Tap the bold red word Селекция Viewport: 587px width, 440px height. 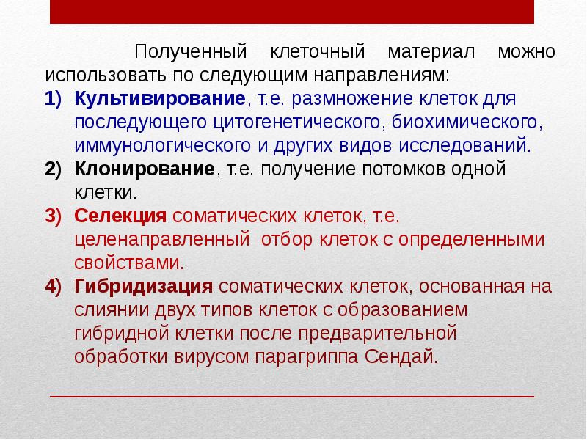(121, 216)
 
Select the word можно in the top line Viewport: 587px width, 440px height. (526, 53)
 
